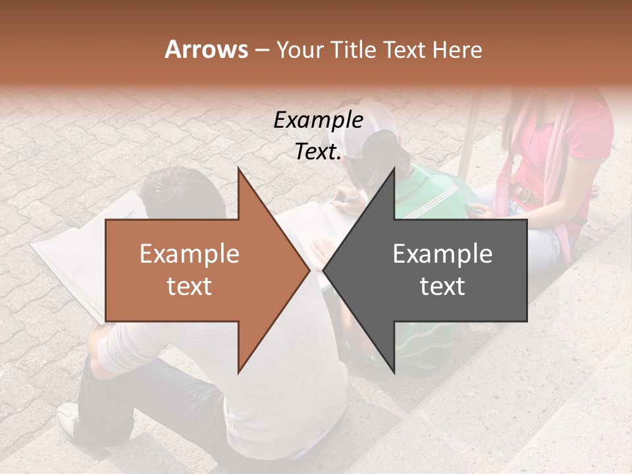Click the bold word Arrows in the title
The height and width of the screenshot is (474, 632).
click(x=206, y=50)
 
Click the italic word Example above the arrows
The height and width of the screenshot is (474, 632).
click(x=318, y=120)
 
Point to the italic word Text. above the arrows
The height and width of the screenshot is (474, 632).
click(x=318, y=151)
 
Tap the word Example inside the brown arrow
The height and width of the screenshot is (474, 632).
click(x=189, y=254)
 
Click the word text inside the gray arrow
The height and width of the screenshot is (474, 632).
click(x=442, y=286)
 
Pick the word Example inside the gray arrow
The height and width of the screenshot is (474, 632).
click(x=442, y=254)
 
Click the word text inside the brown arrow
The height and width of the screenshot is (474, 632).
click(x=189, y=286)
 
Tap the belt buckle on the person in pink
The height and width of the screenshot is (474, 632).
click(x=523, y=194)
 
